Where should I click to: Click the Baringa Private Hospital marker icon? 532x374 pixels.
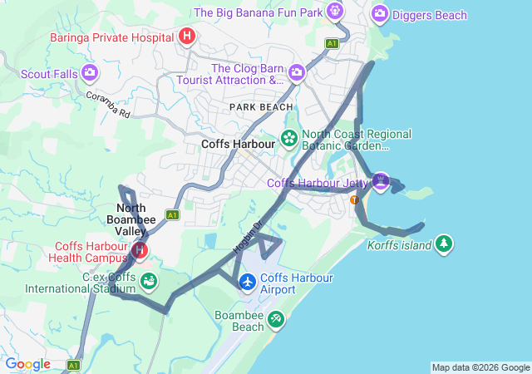pyautogui.click(x=187, y=37)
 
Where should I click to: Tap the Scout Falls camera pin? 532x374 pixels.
pyautogui.click(x=90, y=73)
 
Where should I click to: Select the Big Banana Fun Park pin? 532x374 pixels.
pyautogui.click(x=334, y=12)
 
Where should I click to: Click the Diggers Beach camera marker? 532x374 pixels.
pyautogui.click(x=380, y=13)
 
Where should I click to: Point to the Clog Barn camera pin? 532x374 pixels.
pyautogui.click(x=296, y=74)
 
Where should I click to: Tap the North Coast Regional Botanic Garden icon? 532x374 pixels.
pyautogui.click(x=289, y=138)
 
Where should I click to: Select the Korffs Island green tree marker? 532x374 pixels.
pyautogui.click(x=445, y=243)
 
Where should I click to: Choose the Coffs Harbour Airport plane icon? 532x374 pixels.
pyautogui.click(x=248, y=282)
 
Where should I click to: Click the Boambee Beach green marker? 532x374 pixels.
pyautogui.click(x=275, y=318)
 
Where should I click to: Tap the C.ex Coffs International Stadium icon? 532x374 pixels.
pyautogui.click(x=148, y=282)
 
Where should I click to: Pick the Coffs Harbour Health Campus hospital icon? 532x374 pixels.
pyautogui.click(x=140, y=249)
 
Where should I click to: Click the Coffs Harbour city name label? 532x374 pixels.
pyautogui.click(x=238, y=144)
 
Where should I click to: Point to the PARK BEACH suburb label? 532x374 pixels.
pyautogui.click(x=262, y=107)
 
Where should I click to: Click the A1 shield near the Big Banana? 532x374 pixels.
pyautogui.click(x=332, y=43)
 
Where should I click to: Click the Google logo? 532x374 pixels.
pyautogui.click(x=28, y=364)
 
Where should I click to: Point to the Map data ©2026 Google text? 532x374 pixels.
pyautogui.click(x=480, y=367)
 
